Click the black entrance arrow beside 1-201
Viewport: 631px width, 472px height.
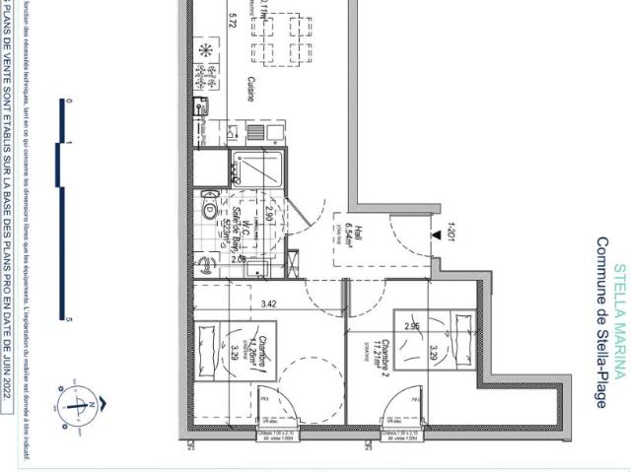coord(434,235)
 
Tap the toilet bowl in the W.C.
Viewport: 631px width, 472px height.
coord(210,208)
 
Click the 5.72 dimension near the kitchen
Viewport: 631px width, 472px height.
coord(233,22)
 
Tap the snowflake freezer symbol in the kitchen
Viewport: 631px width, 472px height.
coord(206,49)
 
